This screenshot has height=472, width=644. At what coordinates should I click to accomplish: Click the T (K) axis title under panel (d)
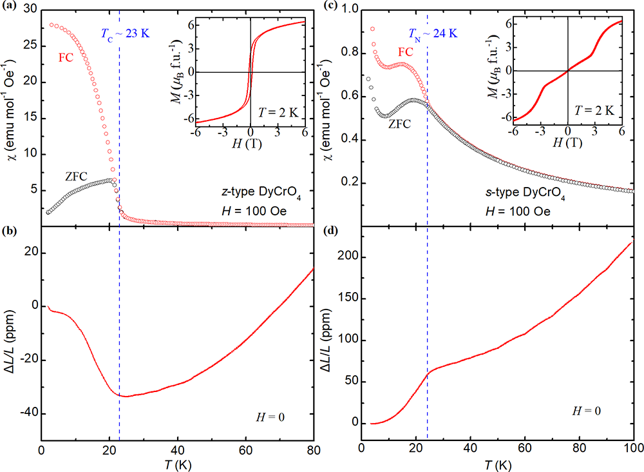497,464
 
